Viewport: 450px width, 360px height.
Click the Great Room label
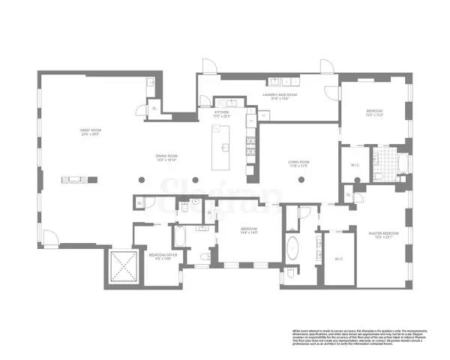tap(91, 132)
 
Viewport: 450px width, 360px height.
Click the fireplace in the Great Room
tap(81, 178)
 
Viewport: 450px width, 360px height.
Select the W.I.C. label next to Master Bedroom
tap(337, 259)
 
